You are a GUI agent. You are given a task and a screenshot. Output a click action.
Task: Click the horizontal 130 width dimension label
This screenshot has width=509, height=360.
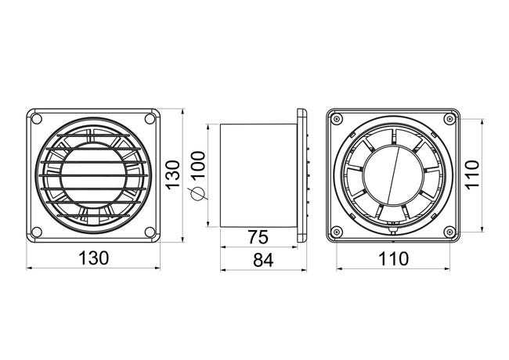[93, 258]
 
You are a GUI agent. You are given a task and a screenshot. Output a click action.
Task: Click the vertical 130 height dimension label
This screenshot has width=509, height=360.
[173, 175]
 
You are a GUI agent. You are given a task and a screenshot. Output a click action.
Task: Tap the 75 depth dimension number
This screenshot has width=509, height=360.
[258, 237]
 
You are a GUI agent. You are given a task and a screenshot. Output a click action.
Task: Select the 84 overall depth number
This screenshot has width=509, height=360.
[263, 260]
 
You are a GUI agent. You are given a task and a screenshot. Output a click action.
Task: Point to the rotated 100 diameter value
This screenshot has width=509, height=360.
[198, 164]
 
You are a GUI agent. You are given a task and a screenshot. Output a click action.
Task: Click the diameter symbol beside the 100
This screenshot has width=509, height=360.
[197, 194]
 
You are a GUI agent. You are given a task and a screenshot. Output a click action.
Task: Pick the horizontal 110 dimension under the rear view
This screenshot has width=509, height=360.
[393, 259]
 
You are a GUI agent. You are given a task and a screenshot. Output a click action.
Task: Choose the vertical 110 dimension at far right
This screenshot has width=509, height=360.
[472, 174]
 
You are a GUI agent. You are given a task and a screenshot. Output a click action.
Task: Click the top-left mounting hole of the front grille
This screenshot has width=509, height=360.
[37, 119]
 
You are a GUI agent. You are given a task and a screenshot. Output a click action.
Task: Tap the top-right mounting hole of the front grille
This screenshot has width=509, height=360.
[150, 119]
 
